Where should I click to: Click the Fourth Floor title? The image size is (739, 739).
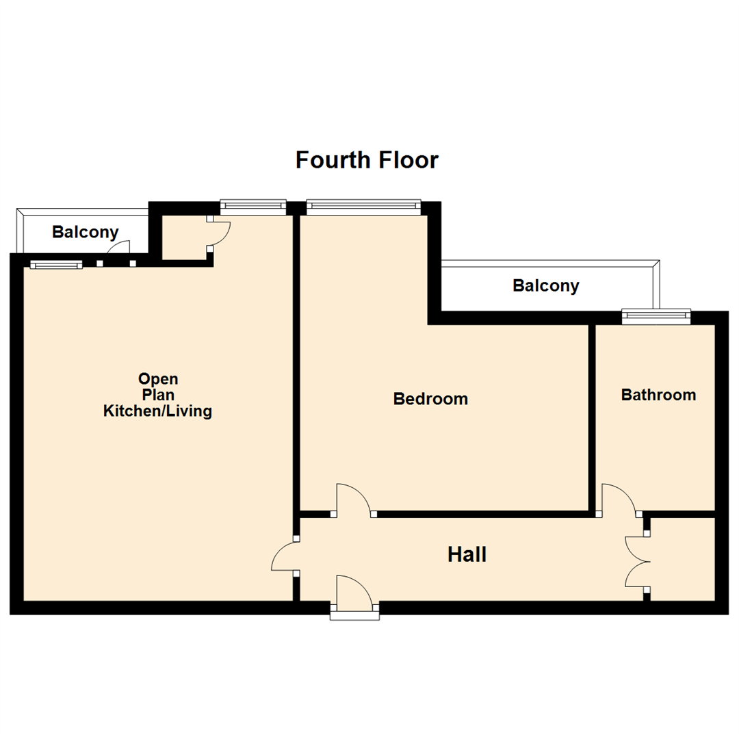pyautogui.click(x=367, y=160)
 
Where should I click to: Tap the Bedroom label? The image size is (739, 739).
pyautogui.click(x=430, y=398)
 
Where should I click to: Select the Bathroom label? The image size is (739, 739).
pyautogui.click(x=658, y=395)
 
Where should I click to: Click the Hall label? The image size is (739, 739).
pyautogui.click(x=467, y=554)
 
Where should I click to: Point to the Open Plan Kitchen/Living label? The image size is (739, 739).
pyautogui.click(x=157, y=396)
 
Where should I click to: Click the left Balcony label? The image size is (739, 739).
pyautogui.click(x=86, y=232)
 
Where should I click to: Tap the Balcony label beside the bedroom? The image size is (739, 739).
pyautogui.click(x=545, y=285)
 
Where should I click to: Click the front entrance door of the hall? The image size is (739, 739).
pyautogui.click(x=354, y=594)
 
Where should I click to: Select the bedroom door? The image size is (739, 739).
pyautogui.click(x=353, y=500)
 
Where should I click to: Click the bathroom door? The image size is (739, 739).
pyautogui.click(x=619, y=500)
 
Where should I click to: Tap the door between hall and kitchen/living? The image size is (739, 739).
pyautogui.click(x=284, y=555)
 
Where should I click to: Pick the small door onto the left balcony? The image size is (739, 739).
pyautogui.click(x=118, y=251)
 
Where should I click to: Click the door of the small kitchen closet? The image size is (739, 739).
pyautogui.click(x=220, y=233)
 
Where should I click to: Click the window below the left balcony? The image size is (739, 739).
pyautogui.click(x=56, y=265)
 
